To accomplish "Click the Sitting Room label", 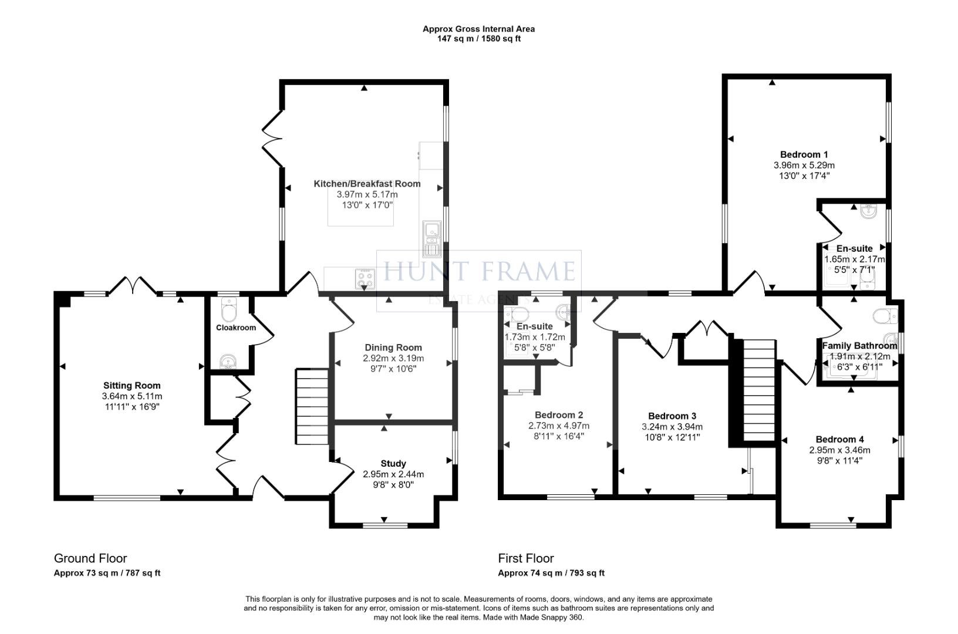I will [131, 386].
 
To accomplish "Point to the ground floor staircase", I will [311, 406].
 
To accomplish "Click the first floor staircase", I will [759, 390].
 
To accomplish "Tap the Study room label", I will [393, 464].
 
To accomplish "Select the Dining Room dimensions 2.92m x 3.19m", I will [393, 358].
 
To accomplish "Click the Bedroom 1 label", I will [804, 154].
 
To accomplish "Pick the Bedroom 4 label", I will [839, 439].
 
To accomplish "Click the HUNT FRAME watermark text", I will [479, 271].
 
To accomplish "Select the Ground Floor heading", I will [90, 558].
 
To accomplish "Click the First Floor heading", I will [526, 558].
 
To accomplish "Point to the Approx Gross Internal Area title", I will [479, 29].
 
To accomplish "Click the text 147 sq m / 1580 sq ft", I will [479, 39].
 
